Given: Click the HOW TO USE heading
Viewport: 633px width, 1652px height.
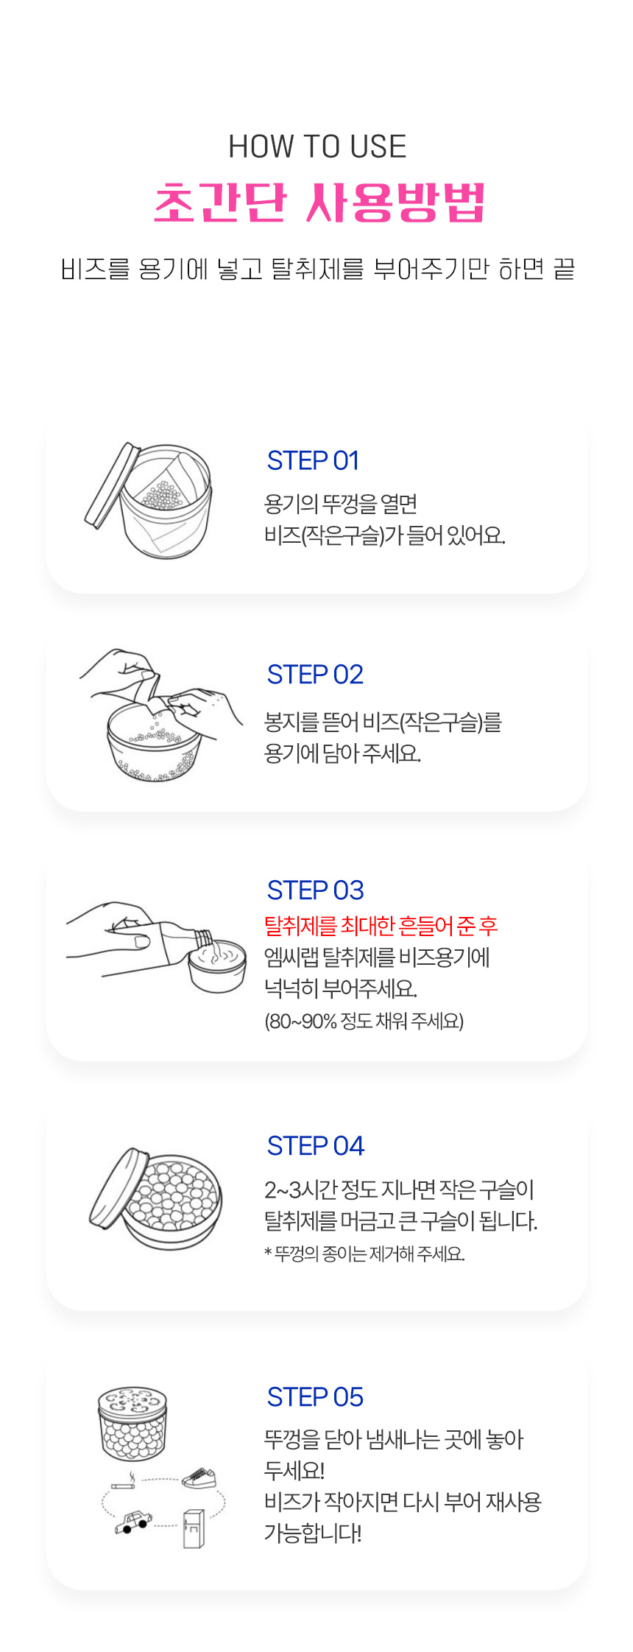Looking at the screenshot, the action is pyautogui.click(x=317, y=147).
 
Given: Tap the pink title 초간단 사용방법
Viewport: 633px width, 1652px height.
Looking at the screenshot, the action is pyautogui.click(x=319, y=202).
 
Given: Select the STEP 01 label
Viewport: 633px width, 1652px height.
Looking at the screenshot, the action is pyautogui.click(x=313, y=461).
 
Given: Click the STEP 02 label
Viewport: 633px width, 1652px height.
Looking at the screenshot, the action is pyautogui.click(x=315, y=675).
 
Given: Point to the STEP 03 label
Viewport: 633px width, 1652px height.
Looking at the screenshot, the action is pyautogui.click(x=315, y=890).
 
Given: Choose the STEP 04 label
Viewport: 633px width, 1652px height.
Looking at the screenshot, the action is pyautogui.click(x=316, y=1146).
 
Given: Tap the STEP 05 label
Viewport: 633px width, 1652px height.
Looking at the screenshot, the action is pyautogui.click(x=315, y=1397).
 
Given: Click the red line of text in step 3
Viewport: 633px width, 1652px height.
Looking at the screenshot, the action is pyautogui.click(x=381, y=925).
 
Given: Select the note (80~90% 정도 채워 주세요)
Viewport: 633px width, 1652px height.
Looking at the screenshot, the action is pyautogui.click(x=364, y=1022).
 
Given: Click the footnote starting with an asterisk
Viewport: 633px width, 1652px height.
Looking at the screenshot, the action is pyautogui.click(x=364, y=1254).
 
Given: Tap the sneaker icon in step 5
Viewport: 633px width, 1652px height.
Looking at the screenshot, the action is pyautogui.click(x=199, y=1477).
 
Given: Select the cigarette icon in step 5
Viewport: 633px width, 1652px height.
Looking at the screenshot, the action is pyautogui.click(x=124, y=1482).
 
